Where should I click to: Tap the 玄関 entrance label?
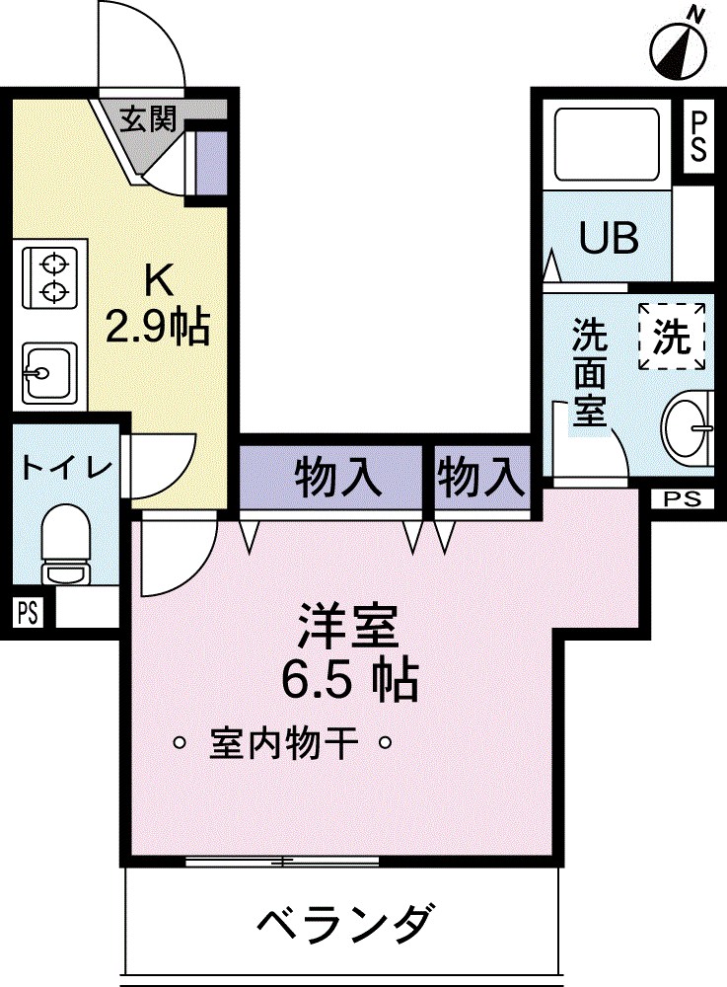[x=149, y=119]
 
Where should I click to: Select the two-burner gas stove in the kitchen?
[x=50, y=277]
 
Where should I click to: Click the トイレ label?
[x=65, y=467]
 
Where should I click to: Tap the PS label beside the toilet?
[x=28, y=612]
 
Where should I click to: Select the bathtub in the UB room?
[x=607, y=144]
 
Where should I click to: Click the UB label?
[x=608, y=238]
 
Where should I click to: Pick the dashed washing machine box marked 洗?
[x=672, y=337]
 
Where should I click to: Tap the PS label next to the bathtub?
[x=697, y=136]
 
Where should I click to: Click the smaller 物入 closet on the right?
[x=480, y=479]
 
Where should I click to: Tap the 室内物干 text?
[x=282, y=742]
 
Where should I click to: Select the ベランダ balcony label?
[x=344, y=925]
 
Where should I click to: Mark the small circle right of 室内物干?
[x=387, y=742]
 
